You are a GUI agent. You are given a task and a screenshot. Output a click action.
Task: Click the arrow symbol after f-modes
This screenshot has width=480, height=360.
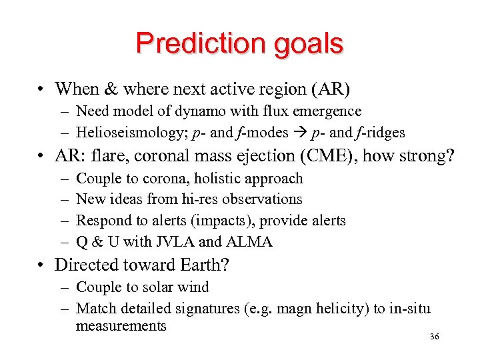[295, 132]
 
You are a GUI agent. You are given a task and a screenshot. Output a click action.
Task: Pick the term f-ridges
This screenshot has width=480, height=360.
[382, 132]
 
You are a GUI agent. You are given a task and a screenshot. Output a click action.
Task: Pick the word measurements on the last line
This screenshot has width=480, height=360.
[121, 326]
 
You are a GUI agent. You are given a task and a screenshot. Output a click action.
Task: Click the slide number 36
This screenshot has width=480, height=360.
[435, 337]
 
